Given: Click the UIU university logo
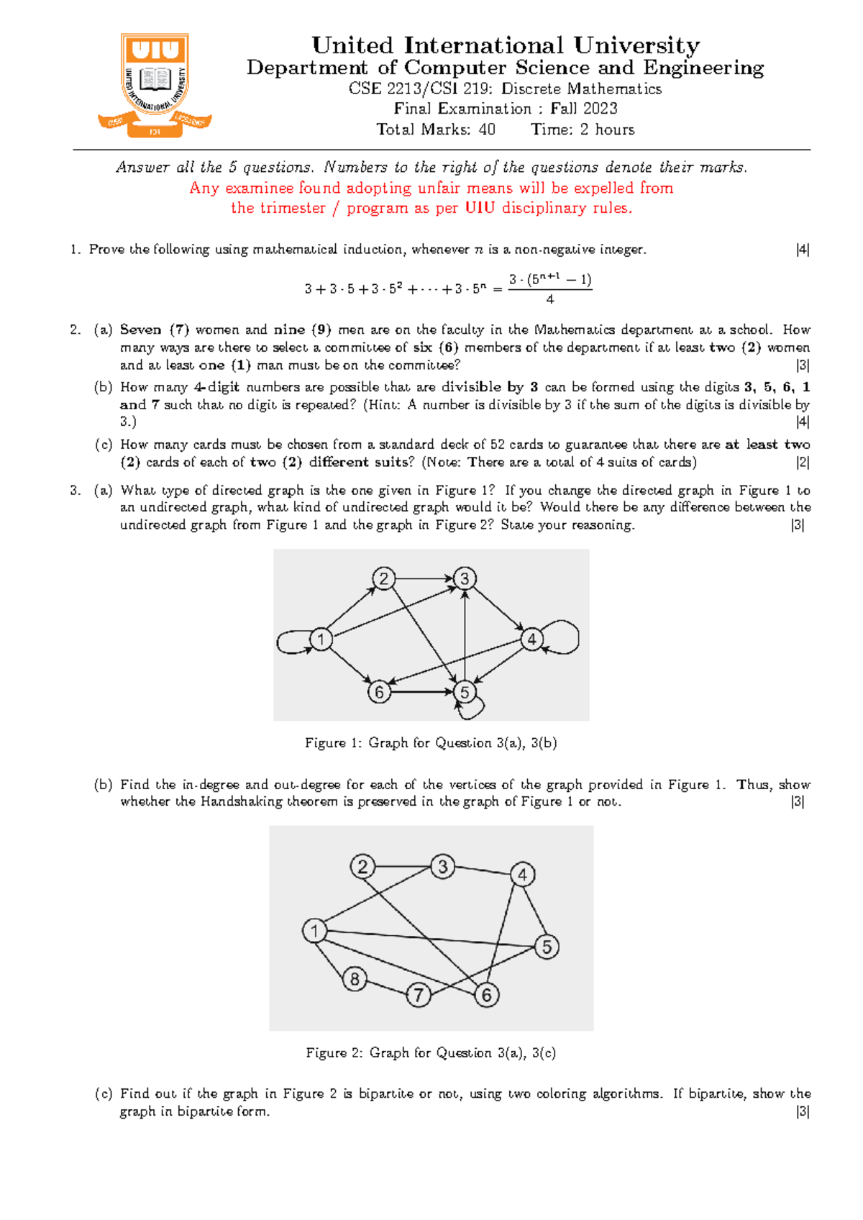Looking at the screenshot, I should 155,85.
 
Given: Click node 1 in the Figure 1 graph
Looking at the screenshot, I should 321,639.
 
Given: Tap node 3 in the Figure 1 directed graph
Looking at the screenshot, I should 465,578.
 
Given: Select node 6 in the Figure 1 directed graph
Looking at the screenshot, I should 379,692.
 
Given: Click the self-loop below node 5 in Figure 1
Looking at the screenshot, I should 472,709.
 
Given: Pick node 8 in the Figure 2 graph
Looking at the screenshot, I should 355,979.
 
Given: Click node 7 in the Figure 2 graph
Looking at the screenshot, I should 419,996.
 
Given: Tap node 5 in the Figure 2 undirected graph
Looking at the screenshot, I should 547,947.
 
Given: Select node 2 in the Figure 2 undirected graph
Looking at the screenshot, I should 362,866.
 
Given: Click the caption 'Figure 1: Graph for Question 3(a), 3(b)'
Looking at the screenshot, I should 431,743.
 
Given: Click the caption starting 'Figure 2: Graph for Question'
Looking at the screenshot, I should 431,1053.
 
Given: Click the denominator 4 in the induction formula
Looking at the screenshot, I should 550,300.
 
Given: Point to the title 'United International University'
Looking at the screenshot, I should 505,45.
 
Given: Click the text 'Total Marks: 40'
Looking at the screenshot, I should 436,129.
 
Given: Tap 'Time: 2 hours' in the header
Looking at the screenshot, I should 583,129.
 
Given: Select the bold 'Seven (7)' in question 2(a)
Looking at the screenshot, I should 154,330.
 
